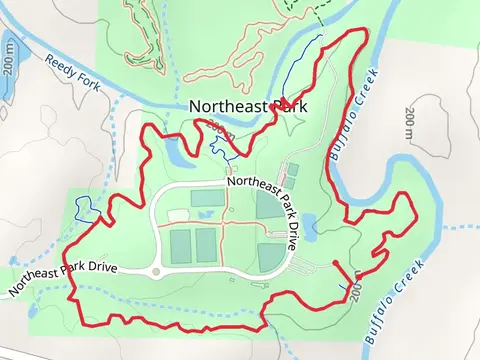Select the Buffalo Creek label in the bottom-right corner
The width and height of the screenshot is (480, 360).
392,299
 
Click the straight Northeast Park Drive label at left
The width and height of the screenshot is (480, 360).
63,276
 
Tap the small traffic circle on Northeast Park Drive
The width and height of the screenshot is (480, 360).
156,271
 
